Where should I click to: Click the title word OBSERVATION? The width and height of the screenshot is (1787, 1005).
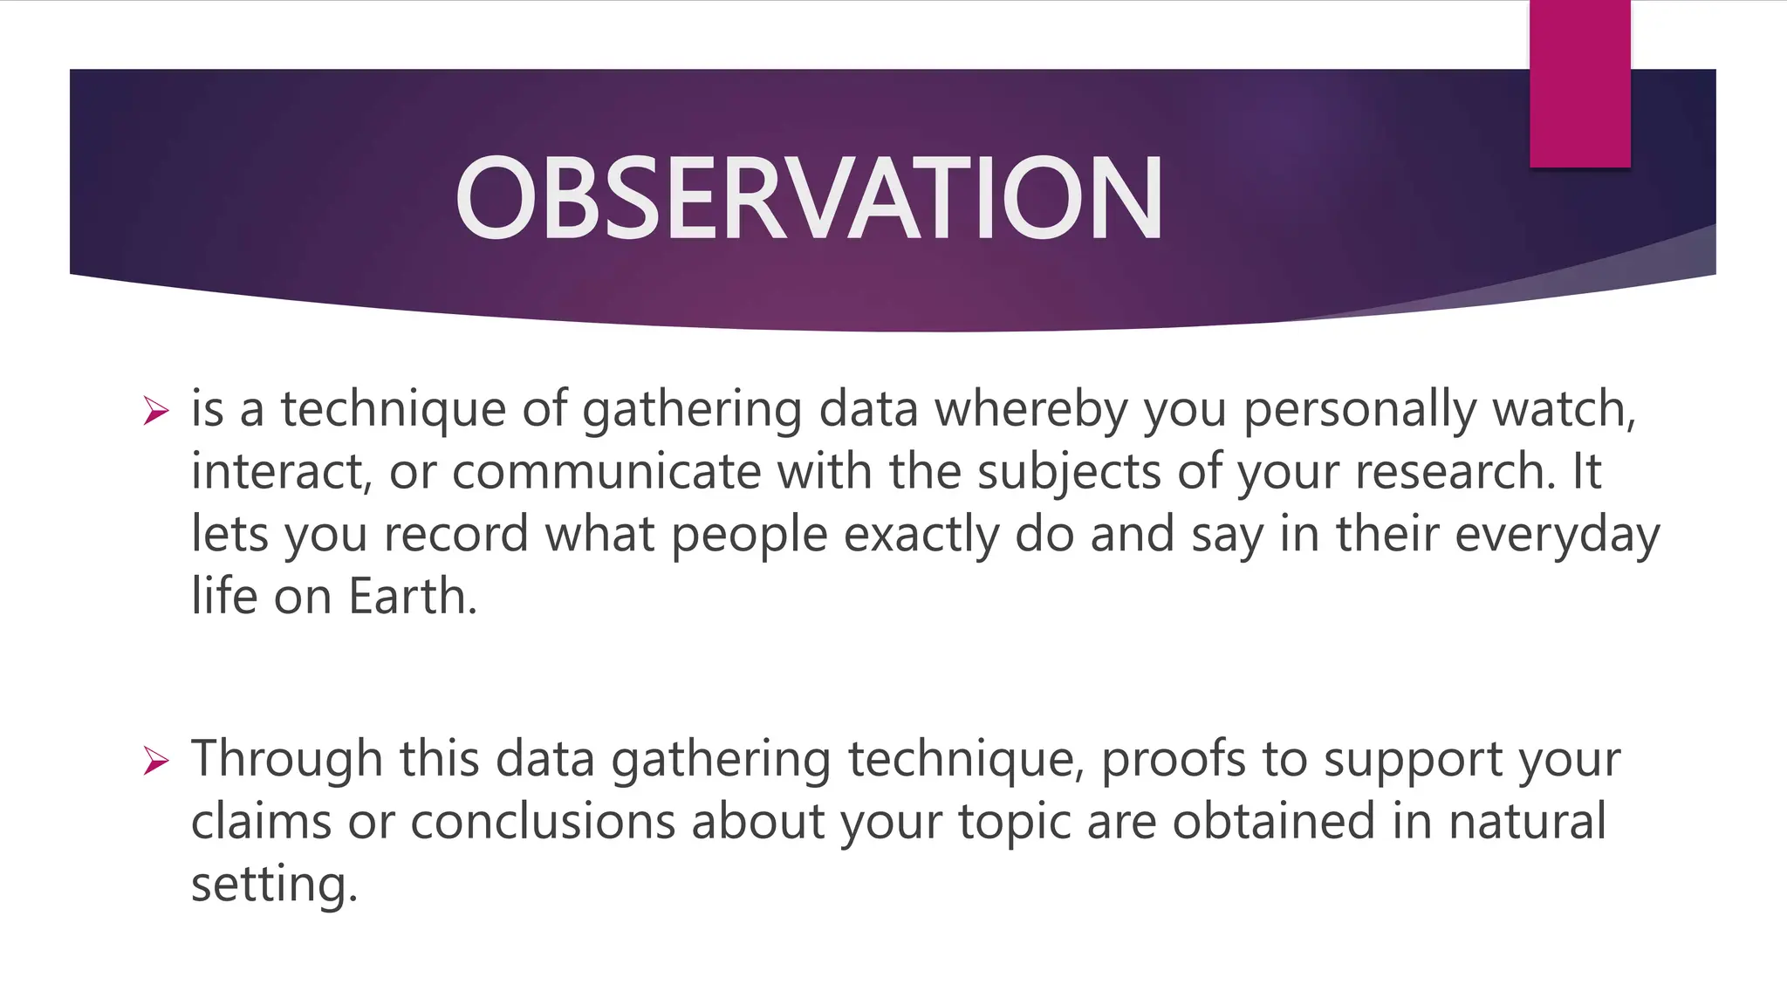[x=809, y=198]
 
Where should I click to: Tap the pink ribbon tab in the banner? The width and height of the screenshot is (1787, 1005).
[x=1579, y=84]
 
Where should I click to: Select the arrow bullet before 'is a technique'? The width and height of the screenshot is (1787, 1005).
[x=155, y=410]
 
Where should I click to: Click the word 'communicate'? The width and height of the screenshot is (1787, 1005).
[x=606, y=472]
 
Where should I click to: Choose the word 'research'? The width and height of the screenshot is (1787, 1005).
[x=1453, y=472]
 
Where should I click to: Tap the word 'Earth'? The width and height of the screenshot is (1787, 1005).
[x=409, y=597]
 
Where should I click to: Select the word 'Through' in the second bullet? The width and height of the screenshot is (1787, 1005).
[x=287, y=759]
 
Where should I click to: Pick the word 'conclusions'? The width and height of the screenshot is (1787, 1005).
[x=543, y=822]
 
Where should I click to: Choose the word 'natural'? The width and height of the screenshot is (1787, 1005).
[x=1527, y=822]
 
